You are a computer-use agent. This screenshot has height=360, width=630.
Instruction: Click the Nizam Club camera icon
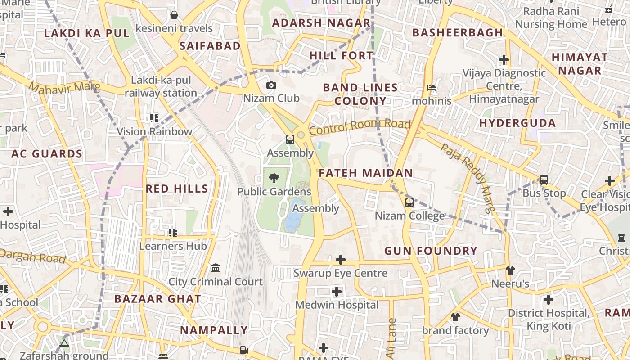tap(271, 85)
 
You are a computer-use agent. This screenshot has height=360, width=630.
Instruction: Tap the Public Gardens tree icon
tap(274, 179)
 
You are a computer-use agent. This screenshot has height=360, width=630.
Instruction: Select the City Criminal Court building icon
tap(216, 268)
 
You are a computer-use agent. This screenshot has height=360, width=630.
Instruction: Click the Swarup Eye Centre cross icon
tap(341, 260)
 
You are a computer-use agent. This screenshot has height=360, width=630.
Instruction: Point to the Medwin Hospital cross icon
tap(337, 292)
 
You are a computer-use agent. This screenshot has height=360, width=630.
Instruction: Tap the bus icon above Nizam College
tap(409, 202)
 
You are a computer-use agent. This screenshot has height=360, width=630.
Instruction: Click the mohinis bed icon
tap(432, 88)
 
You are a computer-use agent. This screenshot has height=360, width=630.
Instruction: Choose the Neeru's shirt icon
tap(510, 270)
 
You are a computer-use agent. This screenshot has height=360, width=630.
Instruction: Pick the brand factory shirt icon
tap(455, 317)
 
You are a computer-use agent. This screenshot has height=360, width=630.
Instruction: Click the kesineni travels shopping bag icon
tap(174, 15)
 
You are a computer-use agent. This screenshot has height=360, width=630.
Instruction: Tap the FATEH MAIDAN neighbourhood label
tap(366, 173)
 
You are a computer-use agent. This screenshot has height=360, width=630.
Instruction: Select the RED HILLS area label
tap(177, 189)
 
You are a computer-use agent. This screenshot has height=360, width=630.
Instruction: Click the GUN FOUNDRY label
tap(431, 251)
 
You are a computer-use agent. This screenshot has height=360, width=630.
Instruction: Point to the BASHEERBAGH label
tap(457, 32)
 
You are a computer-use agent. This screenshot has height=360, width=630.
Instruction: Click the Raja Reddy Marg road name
tap(468, 177)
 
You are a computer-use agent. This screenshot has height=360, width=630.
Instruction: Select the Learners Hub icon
tap(173, 233)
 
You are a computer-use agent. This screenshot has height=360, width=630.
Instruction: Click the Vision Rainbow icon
tap(154, 118)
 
